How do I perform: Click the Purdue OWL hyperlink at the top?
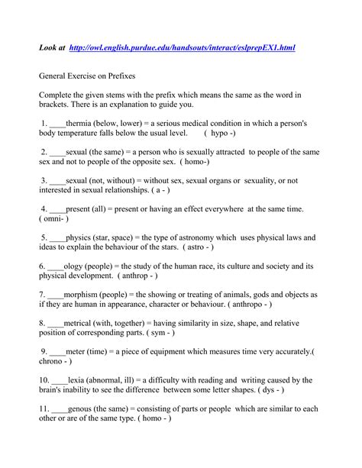(x=181, y=47)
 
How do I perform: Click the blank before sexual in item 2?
(x=57, y=153)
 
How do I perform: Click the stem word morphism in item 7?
(x=86, y=293)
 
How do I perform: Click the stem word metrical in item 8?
(x=84, y=322)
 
